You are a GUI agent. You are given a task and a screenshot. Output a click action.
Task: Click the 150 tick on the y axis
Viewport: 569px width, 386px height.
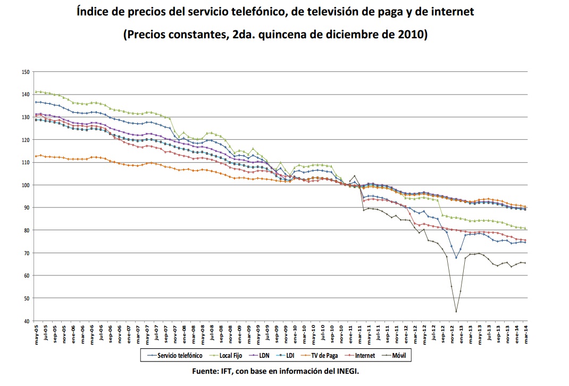26,71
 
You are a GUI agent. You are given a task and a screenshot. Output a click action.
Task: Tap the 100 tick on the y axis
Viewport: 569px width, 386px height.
26,185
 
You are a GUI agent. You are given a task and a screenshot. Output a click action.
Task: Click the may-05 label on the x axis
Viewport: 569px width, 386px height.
36,333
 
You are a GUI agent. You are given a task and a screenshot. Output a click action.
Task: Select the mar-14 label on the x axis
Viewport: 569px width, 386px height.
525,333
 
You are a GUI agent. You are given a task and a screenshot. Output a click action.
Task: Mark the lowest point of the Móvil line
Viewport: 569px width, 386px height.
456,312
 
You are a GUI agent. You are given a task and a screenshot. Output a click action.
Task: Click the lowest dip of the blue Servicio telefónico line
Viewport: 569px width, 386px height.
456,258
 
